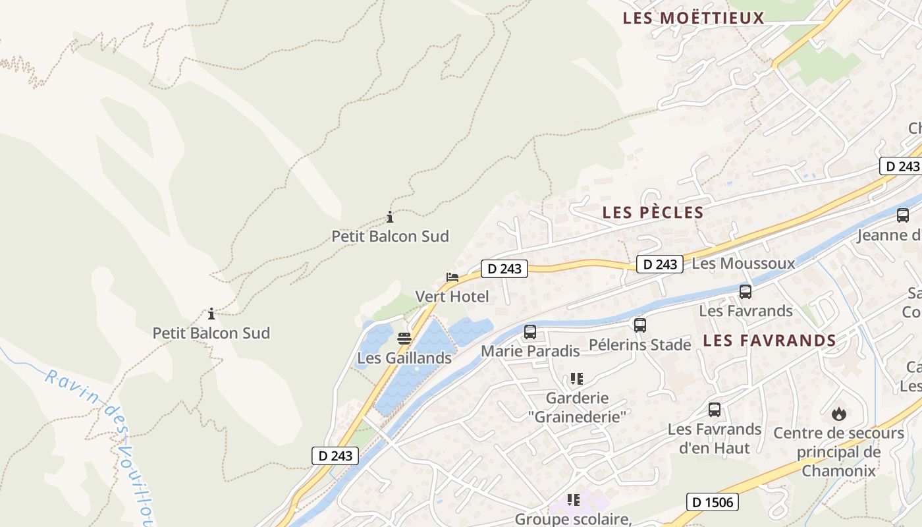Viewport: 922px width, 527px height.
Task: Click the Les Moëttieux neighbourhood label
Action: pos(693,18)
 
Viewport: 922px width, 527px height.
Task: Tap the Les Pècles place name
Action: pos(653,212)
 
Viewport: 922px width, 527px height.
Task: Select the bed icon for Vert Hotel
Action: pos(452,277)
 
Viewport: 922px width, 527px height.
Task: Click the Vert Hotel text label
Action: pos(452,296)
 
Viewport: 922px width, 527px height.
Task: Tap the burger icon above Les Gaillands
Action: pos(404,339)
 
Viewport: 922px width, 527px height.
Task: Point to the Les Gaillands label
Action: pos(404,358)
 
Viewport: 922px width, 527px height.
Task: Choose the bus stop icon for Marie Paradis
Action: pos(530,332)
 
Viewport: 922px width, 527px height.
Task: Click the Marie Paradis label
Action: pos(530,350)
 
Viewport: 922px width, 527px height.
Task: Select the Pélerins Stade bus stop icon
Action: pos(640,325)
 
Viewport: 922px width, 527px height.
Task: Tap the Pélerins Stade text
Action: pos(640,345)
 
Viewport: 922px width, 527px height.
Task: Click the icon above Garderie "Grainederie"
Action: pos(577,379)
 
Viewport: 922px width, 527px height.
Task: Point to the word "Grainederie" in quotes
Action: pos(577,416)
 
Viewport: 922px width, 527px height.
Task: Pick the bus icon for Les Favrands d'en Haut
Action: pos(715,410)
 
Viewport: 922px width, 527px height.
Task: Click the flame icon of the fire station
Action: pos(838,414)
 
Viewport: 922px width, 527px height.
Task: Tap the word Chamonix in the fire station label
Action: pos(838,470)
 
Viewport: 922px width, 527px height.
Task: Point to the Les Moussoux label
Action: pos(744,263)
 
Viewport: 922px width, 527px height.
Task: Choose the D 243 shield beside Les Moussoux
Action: pos(660,264)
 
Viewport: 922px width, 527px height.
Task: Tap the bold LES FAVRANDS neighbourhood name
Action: pos(769,341)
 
